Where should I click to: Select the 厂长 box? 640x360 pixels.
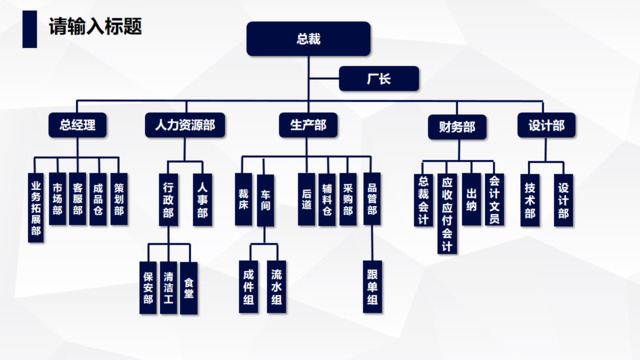[379, 78]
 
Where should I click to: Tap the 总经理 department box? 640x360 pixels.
[77, 125]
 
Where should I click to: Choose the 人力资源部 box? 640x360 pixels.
[185, 125]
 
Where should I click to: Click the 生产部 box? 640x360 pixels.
[308, 125]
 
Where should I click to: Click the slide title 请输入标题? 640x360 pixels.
[95, 26]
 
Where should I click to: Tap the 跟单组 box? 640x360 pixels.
[372, 287]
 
